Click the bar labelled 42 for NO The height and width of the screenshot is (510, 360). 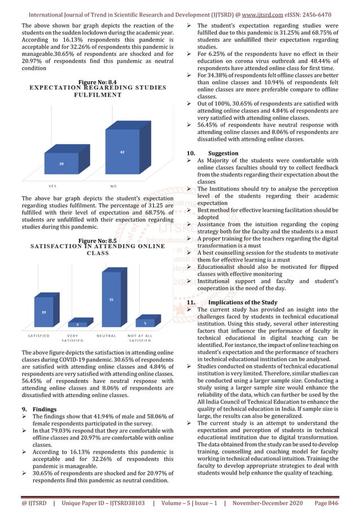click(x=122, y=152)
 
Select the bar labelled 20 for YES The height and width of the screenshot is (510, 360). click(x=62, y=163)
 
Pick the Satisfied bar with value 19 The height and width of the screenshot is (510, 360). click(x=43, y=312)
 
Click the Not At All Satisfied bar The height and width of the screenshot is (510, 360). click(x=145, y=323)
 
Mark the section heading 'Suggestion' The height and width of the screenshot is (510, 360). click(x=223, y=154)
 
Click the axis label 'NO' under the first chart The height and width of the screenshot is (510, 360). click(x=113, y=185)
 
